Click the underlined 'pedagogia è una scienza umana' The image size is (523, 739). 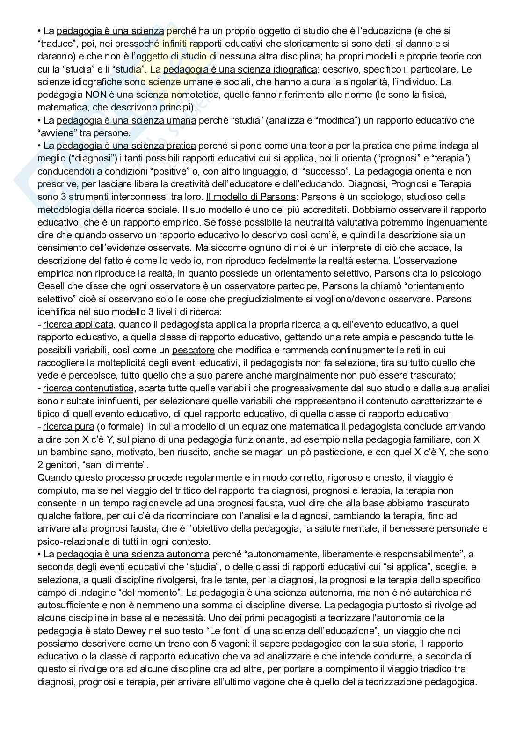[x=126, y=120]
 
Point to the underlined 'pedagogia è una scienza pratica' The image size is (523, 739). [x=126, y=146]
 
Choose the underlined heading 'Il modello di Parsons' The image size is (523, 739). [x=251, y=197]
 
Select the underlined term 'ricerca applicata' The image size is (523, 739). [x=78, y=324]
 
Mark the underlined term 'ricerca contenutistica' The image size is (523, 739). [x=88, y=388]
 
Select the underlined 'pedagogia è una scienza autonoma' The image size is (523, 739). [x=133, y=555]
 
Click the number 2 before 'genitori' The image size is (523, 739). [x=40, y=465]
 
